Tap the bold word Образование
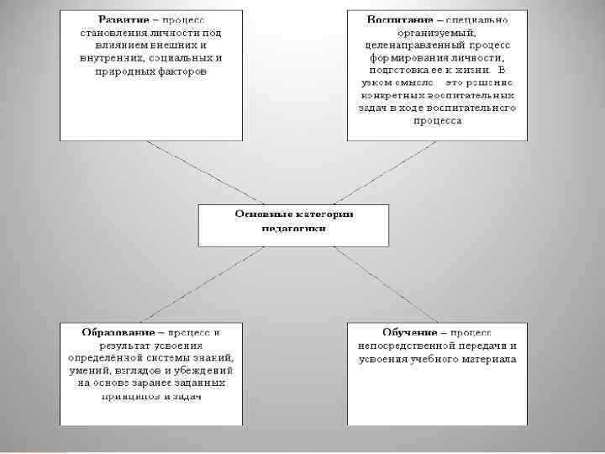[115, 332]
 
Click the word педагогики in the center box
[293, 227]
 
